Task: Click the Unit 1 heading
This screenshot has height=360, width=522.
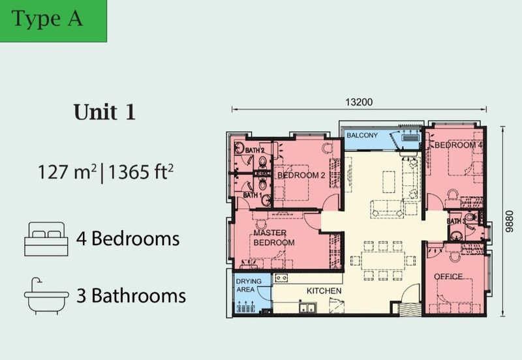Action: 104,112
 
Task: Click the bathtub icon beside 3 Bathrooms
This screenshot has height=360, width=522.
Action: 46,296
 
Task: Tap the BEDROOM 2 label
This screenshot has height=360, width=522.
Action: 300,175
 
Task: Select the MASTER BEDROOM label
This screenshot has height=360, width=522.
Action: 274,237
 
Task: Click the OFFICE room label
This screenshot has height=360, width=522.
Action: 448,277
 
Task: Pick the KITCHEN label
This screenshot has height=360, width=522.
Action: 324,290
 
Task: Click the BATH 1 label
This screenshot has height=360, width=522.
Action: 253,195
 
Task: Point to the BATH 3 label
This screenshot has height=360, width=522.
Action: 456,222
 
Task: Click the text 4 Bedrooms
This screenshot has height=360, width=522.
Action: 127,238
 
